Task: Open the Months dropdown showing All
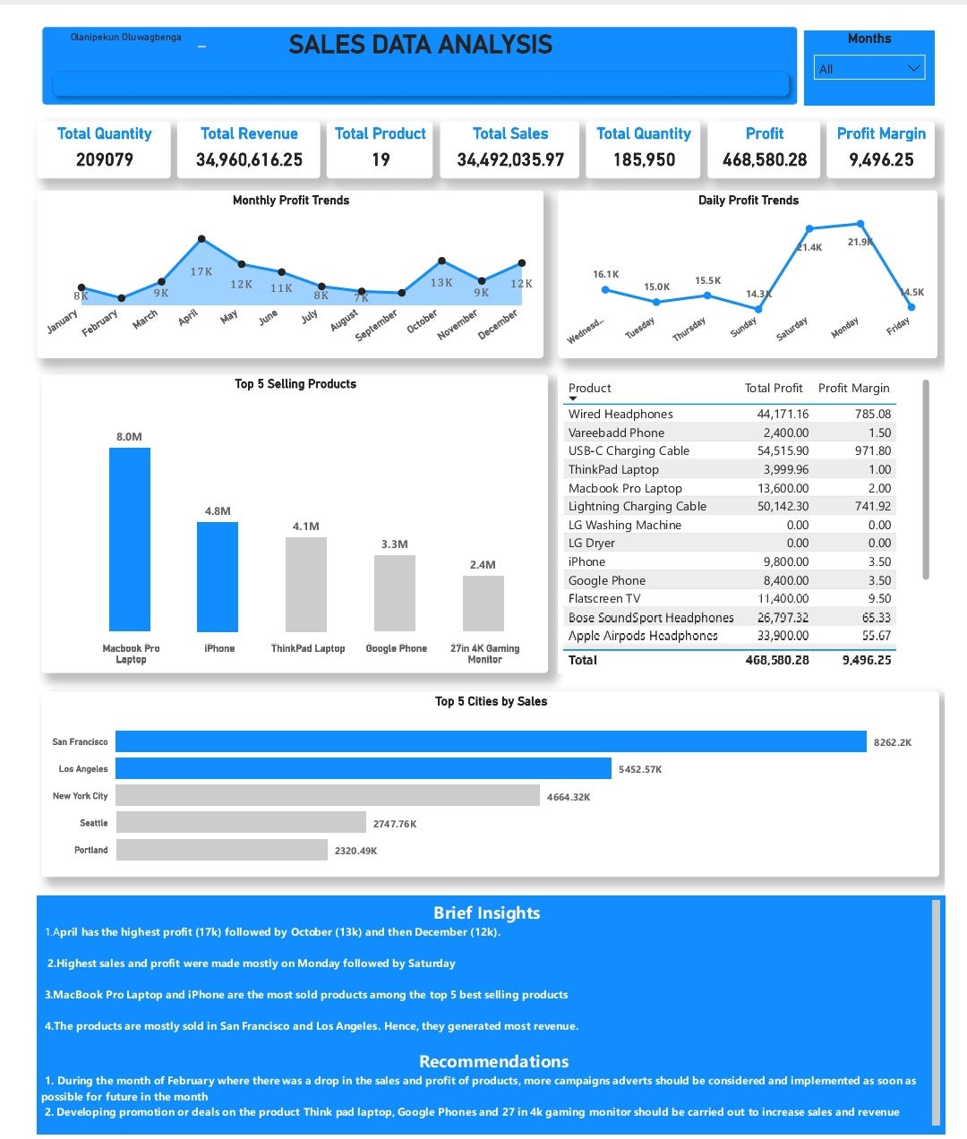(x=869, y=68)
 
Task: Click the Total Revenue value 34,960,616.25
(x=249, y=159)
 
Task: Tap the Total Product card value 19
(x=381, y=159)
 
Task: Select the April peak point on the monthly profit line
(x=201, y=239)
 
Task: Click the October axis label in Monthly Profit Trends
(x=423, y=321)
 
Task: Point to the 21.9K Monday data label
(x=860, y=242)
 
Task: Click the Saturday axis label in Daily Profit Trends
(x=792, y=329)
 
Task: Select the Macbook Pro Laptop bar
(x=130, y=539)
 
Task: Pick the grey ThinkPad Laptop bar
(x=305, y=584)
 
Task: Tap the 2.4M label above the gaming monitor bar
(x=483, y=565)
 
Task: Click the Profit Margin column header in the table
(x=853, y=388)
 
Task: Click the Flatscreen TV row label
(x=604, y=598)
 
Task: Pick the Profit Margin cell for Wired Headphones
(x=872, y=414)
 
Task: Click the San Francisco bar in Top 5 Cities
(x=491, y=741)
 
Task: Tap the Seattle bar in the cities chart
(x=241, y=822)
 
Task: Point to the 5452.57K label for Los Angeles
(x=640, y=769)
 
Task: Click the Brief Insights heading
(x=486, y=912)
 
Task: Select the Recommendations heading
(x=493, y=1061)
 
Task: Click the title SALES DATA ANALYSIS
(x=420, y=45)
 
